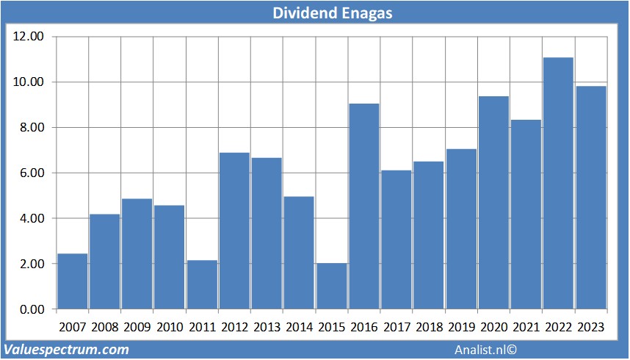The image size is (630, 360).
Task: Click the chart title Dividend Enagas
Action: (314, 12)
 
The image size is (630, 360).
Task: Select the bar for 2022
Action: (558, 184)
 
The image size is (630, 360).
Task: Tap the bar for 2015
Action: (331, 286)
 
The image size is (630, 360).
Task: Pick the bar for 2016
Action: (363, 206)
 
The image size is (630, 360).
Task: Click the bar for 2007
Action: (72, 281)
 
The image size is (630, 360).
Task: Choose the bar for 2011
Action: (202, 284)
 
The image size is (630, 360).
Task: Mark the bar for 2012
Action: (234, 231)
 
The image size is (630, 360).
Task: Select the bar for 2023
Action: (590, 198)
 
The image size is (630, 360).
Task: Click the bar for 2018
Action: (429, 235)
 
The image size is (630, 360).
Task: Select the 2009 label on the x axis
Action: (137, 327)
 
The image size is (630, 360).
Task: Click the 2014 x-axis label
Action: (299, 327)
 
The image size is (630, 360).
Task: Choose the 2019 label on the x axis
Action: (461, 327)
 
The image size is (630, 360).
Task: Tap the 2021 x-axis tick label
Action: (526, 327)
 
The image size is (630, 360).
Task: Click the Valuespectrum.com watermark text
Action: (67, 350)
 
